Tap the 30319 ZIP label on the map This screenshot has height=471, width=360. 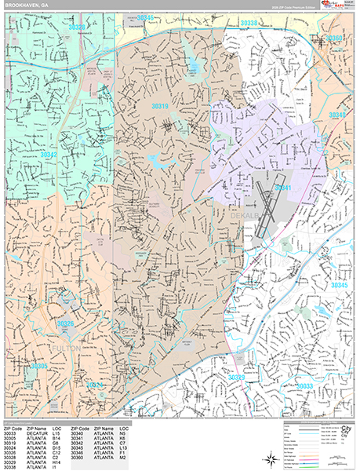click(x=160, y=105)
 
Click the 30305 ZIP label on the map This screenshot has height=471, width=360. click(x=38, y=366)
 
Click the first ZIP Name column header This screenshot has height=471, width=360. click(x=37, y=427)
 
